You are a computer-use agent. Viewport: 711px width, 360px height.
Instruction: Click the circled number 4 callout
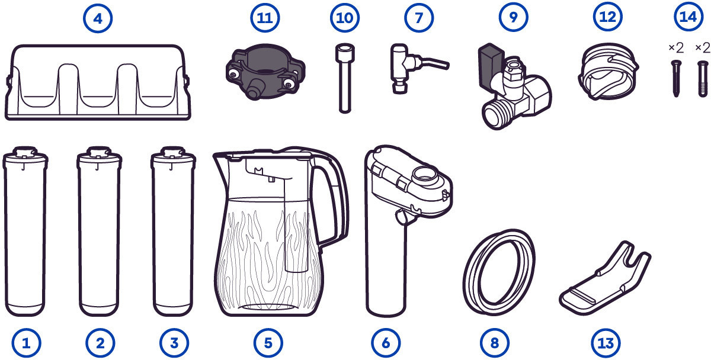pyautogui.click(x=98, y=18)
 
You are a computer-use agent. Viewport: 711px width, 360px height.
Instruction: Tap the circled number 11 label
pyautogui.click(x=265, y=17)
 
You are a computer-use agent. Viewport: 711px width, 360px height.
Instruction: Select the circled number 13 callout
pyautogui.click(x=606, y=343)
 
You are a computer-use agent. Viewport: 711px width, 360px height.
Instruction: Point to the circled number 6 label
pyautogui.click(x=386, y=343)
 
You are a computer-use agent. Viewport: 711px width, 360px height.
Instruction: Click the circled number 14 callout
pyautogui.click(x=688, y=17)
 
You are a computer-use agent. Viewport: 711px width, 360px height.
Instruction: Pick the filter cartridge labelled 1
pyautogui.click(x=25, y=232)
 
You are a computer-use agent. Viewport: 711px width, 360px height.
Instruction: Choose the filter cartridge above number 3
pyautogui.click(x=173, y=232)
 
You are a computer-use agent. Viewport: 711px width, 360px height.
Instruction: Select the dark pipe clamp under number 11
pyautogui.click(x=265, y=72)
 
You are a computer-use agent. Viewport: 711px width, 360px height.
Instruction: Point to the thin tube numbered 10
pyautogui.click(x=345, y=78)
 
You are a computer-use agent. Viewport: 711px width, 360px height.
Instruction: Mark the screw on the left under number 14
pyautogui.click(x=676, y=78)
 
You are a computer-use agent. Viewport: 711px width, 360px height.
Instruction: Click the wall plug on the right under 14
pyautogui.click(x=703, y=78)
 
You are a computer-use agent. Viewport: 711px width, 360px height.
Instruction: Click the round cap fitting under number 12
pyautogui.click(x=608, y=72)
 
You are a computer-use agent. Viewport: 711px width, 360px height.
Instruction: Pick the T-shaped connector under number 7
pyautogui.click(x=401, y=68)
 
